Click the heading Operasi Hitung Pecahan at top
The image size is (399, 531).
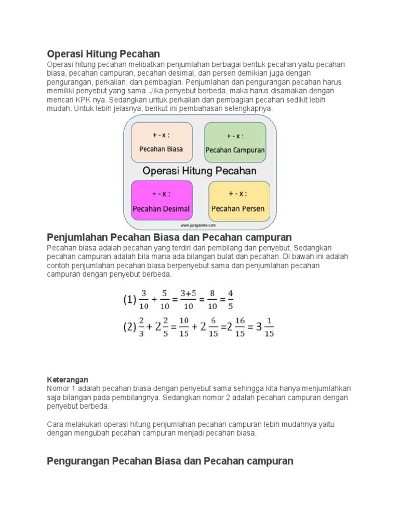click(x=103, y=54)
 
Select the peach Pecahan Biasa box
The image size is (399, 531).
click(x=161, y=142)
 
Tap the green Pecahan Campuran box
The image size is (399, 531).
click(x=235, y=143)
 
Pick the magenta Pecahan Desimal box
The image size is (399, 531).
click(x=161, y=201)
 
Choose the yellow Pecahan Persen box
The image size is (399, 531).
click(x=239, y=201)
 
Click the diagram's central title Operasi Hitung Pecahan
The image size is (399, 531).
click(x=199, y=170)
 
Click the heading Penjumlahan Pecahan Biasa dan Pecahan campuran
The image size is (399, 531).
click(x=169, y=238)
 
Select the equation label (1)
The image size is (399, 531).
click(x=129, y=300)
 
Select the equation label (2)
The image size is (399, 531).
click(x=129, y=328)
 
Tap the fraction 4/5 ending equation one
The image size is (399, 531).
click(x=231, y=300)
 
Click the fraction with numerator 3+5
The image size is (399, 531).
click(x=188, y=300)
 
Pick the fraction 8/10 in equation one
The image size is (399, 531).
click(x=212, y=300)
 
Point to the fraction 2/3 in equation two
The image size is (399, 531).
click(x=142, y=328)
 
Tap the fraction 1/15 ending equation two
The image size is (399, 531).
click(x=270, y=328)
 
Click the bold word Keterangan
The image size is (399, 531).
click(x=68, y=380)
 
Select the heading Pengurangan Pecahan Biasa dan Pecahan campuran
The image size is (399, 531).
click(x=170, y=461)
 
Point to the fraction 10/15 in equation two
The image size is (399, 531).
click(x=184, y=328)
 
